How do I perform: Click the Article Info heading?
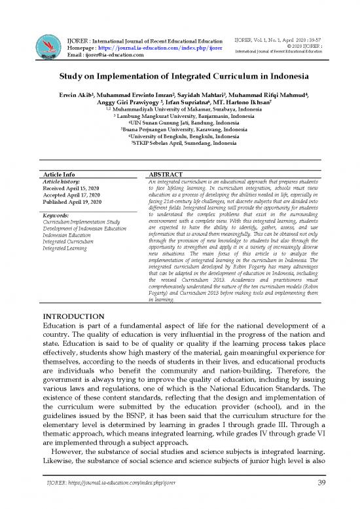pos(58,175)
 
